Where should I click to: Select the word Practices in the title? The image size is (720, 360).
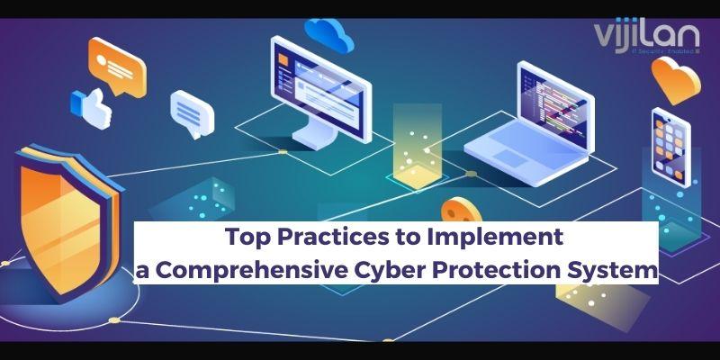click(321, 239)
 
